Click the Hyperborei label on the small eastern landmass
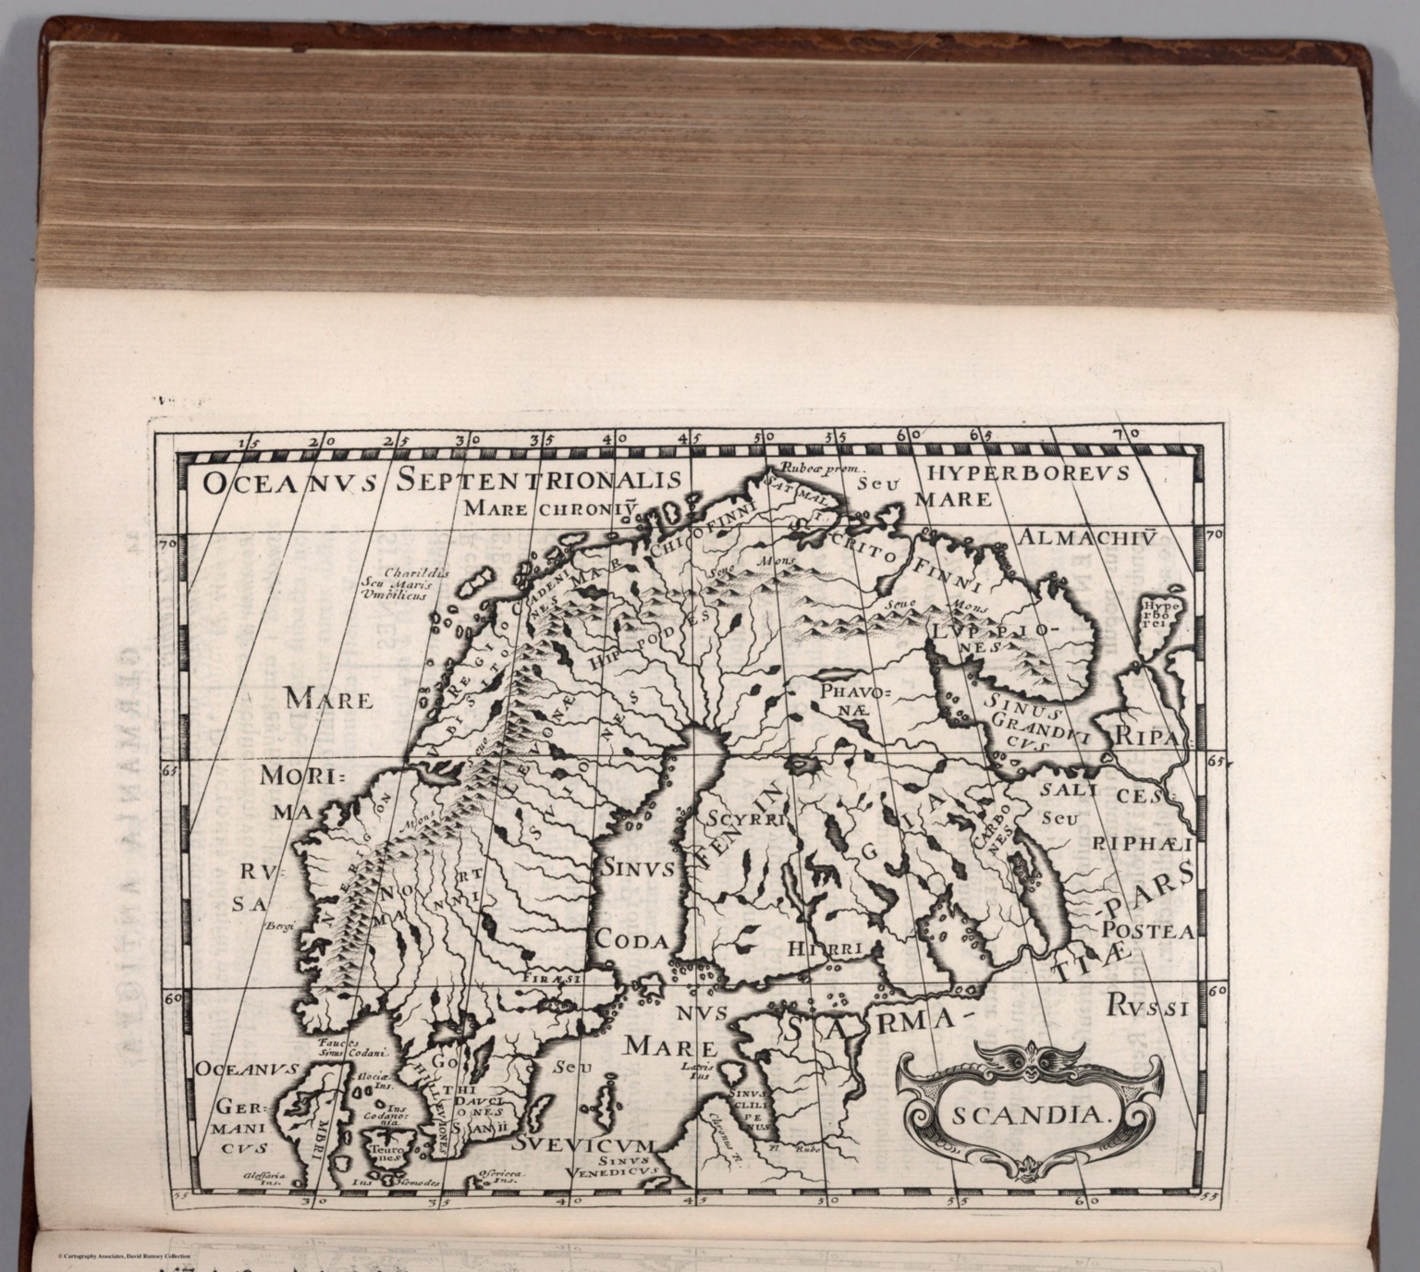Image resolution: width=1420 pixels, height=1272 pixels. tap(1156, 611)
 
